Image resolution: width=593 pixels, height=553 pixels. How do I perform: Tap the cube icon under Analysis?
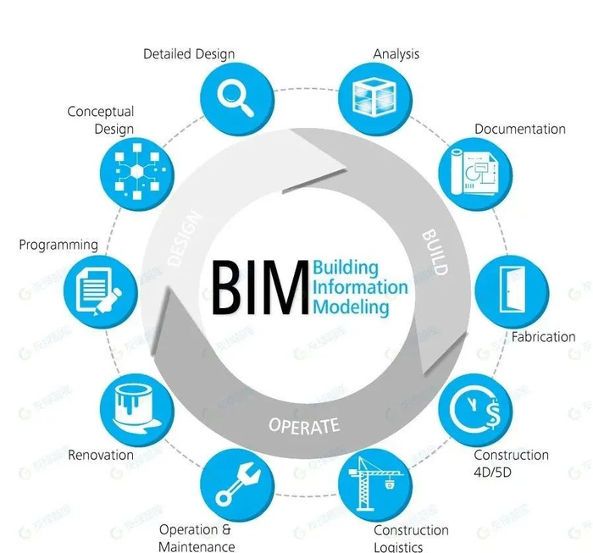coord(373,95)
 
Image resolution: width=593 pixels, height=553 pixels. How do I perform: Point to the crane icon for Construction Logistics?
coord(374,483)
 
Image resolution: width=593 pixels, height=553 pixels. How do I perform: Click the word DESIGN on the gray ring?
coord(187,239)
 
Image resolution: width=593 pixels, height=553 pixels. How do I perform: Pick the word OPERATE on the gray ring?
coord(304,425)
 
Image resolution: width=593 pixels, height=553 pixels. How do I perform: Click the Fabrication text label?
coord(543,337)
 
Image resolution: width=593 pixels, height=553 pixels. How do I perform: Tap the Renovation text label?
coord(101,455)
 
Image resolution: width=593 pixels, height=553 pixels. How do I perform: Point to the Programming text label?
coord(59,245)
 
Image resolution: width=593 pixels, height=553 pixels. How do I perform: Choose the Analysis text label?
coord(396,54)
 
